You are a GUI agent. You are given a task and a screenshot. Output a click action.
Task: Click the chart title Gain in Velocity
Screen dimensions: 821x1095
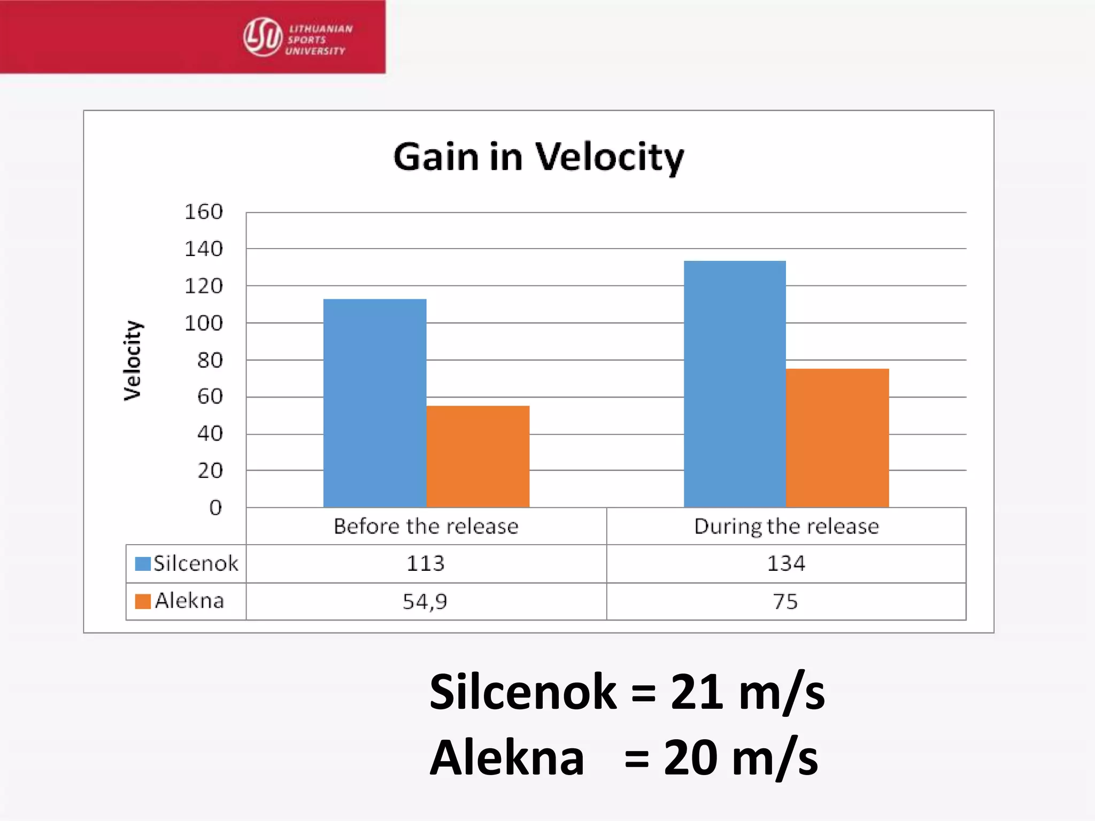tap(538, 157)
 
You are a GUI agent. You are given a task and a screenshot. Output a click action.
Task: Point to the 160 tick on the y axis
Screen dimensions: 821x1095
tap(204, 212)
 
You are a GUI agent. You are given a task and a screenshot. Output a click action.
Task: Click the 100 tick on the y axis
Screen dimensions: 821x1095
tap(204, 323)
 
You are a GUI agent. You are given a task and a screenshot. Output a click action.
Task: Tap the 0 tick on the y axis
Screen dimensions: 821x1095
tap(215, 507)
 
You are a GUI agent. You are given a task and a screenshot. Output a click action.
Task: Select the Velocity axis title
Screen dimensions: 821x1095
tap(132, 360)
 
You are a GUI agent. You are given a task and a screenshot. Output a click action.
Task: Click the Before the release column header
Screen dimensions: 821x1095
tap(426, 526)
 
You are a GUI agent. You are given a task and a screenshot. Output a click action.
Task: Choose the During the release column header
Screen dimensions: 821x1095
tap(786, 526)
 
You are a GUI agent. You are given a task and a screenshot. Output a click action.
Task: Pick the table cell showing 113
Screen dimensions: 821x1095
tap(426, 563)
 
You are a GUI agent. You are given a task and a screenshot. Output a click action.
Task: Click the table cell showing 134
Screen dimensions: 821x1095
tap(786, 563)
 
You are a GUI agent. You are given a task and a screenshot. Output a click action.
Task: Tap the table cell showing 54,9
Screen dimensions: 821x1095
tap(425, 601)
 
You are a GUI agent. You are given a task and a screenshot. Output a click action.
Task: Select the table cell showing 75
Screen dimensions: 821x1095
tap(785, 601)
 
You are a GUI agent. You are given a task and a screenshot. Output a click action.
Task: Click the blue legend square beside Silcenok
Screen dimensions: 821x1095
tap(143, 564)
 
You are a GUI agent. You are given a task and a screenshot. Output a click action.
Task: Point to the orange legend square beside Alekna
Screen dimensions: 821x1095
tap(143, 601)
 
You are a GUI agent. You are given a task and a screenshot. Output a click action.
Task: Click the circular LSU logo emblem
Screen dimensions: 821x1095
tap(263, 37)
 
